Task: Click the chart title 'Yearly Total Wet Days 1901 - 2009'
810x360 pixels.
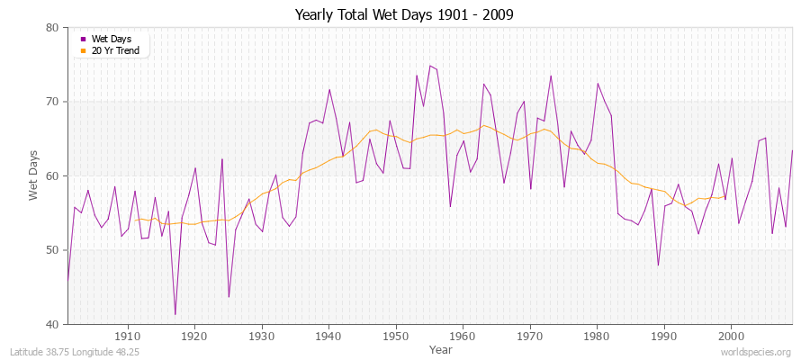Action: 404,15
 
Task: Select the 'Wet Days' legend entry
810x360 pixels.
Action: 109,40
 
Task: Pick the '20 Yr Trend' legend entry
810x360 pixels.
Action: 115,50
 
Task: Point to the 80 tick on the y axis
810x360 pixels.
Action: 52,28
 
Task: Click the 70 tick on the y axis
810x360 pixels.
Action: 52,102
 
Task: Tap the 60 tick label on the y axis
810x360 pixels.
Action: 52,176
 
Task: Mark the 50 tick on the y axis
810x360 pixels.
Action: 52,250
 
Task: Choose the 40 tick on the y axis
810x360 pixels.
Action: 52,324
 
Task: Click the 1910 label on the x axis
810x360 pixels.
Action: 128,336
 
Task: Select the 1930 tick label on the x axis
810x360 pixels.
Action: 262,336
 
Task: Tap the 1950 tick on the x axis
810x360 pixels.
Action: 395,336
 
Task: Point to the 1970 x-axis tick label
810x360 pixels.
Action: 529,336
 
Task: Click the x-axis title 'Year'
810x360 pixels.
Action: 441,348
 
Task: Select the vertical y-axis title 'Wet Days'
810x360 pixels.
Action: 34,176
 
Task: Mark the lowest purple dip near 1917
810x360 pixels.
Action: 175,314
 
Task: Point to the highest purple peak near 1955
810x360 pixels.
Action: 429,66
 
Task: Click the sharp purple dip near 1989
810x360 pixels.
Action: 658,265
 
